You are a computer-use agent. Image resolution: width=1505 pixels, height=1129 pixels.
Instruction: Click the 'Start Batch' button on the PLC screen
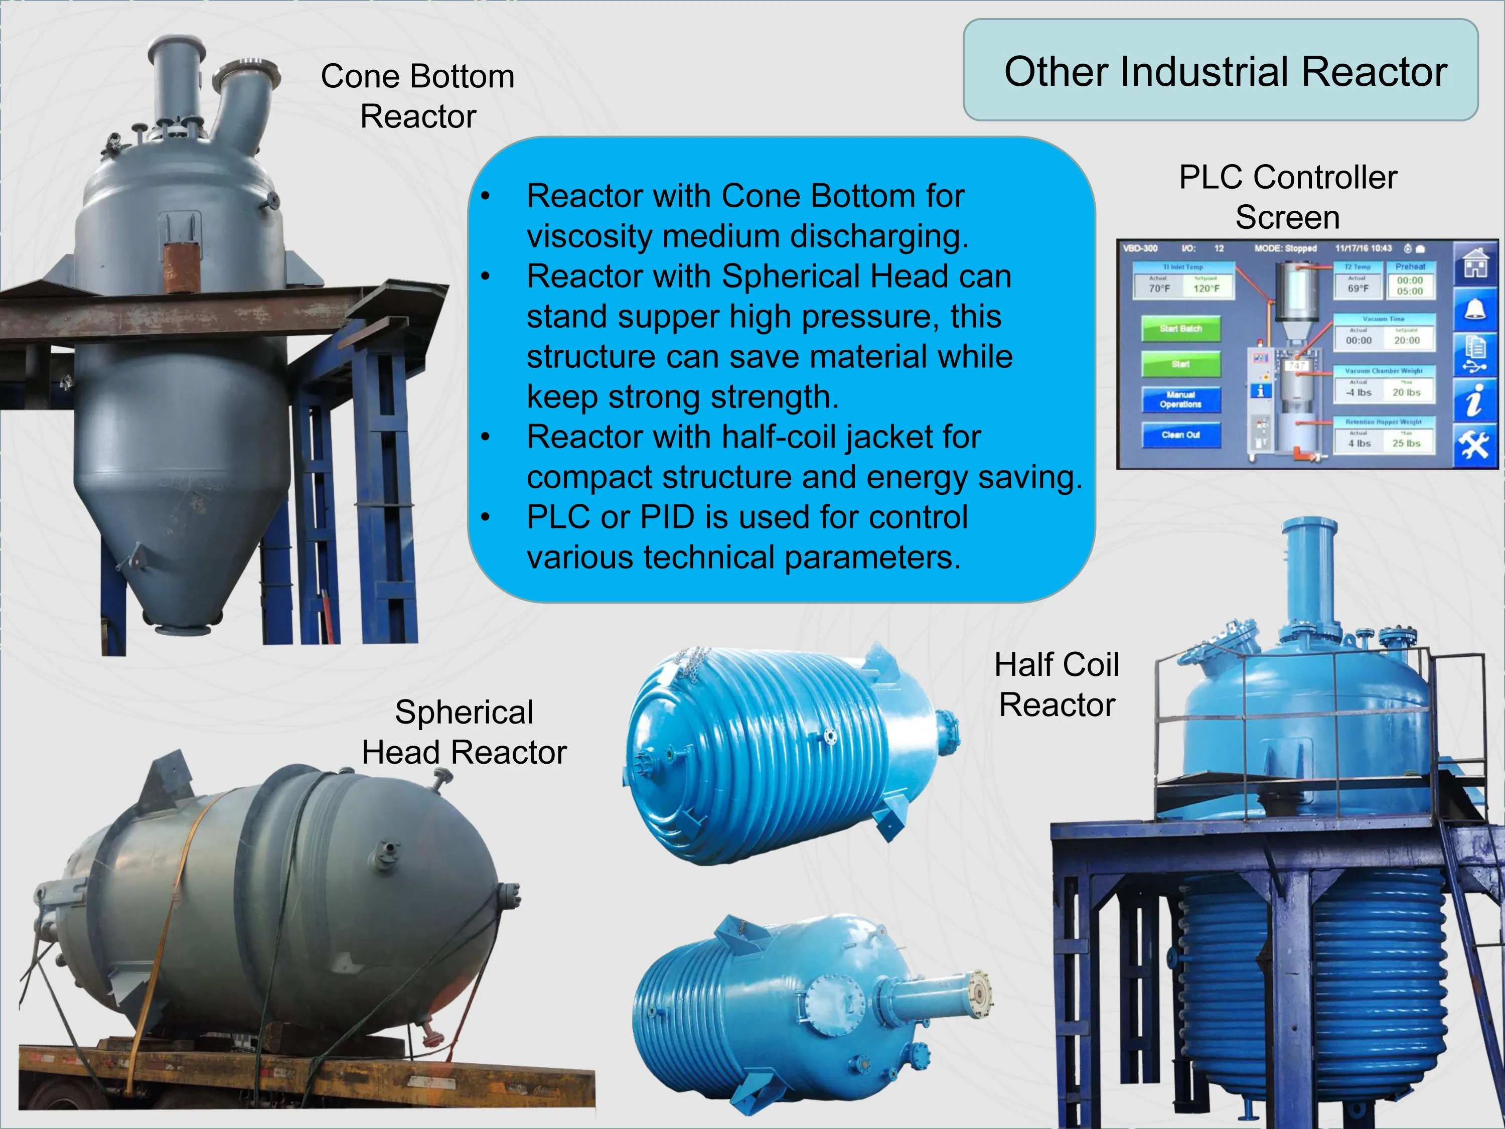coord(1180,329)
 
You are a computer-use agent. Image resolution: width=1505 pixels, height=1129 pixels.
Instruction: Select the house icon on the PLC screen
coord(1474,263)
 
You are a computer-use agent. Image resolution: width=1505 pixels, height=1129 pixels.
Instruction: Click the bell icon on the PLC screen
coord(1474,310)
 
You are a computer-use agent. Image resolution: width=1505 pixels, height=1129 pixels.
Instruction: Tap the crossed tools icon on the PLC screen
coord(1474,446)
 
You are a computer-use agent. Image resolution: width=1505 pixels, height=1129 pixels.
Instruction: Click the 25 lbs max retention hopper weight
coord(1406,443)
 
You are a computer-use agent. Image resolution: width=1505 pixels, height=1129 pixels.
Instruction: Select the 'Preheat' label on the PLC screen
coord(1410,267)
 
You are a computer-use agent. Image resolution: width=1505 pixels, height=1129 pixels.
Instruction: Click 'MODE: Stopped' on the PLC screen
coord(1285,248)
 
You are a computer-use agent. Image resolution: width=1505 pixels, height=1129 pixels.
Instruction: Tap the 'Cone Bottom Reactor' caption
coord(418,96)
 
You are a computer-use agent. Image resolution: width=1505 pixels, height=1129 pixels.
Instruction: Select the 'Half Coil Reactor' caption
coord(1057,684)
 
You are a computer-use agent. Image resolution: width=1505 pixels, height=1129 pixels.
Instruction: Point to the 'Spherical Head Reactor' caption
coord(464,732)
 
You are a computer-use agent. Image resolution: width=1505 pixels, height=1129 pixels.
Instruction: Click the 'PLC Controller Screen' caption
coord(1287,197)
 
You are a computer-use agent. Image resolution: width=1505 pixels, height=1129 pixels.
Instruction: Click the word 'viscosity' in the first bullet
coord(589,236)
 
